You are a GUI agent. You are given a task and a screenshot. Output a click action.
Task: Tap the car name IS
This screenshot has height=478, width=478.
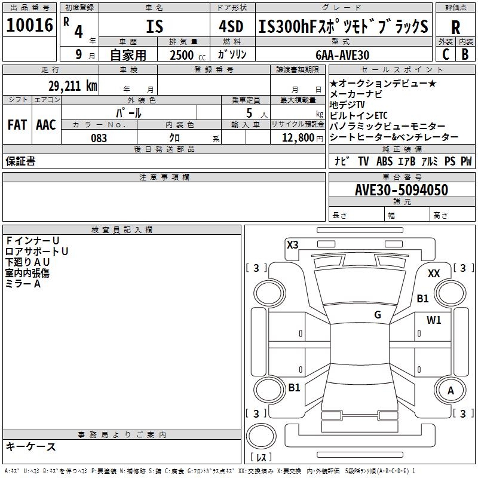click(155, 27)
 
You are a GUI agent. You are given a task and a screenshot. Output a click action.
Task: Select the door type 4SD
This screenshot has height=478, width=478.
click(231, 27)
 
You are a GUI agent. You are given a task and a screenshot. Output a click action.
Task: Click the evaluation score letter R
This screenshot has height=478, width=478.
click(455, 27)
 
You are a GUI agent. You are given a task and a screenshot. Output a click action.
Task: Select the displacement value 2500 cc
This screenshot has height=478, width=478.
click(185, 55)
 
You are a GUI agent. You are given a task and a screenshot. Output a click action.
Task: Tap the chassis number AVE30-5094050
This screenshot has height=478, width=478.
click(401, 190)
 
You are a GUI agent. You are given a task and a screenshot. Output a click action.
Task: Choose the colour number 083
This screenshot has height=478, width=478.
click(99, 138)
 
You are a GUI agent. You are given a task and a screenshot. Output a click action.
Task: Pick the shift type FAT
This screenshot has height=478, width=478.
click(17, 125)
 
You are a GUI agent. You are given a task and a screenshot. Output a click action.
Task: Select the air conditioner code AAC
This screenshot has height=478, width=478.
click(46, 125)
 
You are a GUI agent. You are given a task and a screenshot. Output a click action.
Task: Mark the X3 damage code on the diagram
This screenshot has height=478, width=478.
click(293, 244)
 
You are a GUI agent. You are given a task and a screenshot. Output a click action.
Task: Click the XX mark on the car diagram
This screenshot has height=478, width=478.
click(434, 273)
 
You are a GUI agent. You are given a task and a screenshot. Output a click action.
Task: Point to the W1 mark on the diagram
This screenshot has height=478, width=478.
click(434, 320)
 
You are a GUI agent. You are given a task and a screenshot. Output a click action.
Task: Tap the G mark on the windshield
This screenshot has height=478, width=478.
click(378, 315)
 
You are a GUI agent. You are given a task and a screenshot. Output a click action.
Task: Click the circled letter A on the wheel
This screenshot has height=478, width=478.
click(451, 390)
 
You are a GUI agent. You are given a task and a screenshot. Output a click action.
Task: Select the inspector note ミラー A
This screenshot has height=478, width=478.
click(23, 284)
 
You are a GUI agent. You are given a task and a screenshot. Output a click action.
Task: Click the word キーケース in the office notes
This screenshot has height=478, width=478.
click(31, 446)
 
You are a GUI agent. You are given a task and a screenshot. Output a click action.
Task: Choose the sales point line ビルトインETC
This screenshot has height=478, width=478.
click(359, 115)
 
